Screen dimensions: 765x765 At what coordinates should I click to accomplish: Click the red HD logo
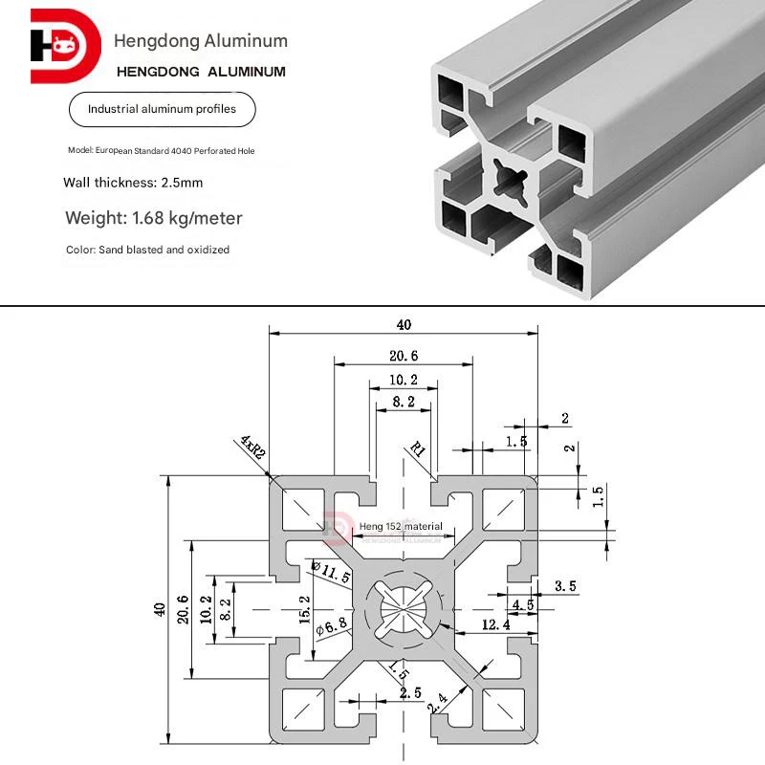click(x=64, y=46)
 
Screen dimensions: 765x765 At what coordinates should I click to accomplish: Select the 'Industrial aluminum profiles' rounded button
click(x=162, y=110)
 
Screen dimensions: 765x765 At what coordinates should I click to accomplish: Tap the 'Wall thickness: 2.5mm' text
click(x=133, y=182)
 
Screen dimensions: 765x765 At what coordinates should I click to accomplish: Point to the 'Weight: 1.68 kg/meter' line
click(x=154, y=218)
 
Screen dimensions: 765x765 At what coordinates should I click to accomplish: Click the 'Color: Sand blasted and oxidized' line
click(x=148, y=250)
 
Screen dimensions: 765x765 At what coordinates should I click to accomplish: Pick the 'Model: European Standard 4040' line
click(x=162, y=151)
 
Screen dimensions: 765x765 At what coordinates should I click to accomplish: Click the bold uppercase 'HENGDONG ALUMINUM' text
click(x=200, y=72)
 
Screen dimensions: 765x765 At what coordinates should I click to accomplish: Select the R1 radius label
click(x=419, y=448)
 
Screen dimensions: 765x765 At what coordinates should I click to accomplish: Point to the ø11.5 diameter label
click(x=331, y=573)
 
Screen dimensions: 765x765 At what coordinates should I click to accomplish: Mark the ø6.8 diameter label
click(x=328, y=627)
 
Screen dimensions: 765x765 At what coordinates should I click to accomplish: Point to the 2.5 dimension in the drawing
click(x=410, y=692)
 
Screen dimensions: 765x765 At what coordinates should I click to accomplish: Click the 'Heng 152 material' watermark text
click(x=401, y=526)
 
